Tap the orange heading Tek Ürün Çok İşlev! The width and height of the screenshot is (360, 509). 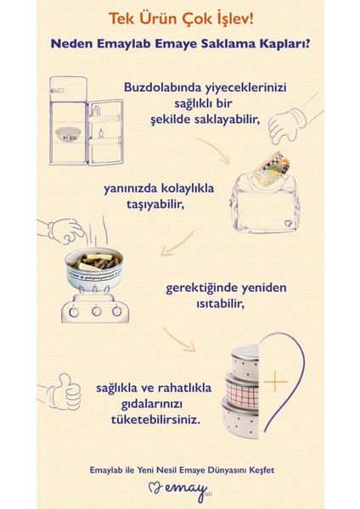[180, 17]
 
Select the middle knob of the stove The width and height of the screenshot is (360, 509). [95, 310]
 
